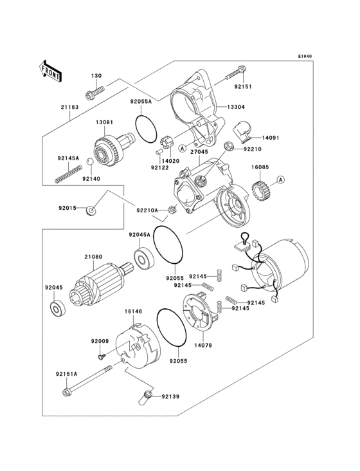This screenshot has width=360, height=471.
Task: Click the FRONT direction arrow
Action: pyautogui.click(x=50, y=70)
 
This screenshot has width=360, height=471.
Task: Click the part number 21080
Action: pyautogui.click(x=93, y=257)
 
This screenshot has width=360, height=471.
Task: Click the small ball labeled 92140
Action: pyautogui.click(x=90, y=170)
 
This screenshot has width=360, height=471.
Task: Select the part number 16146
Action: pyautogui.click(x=132, y=311)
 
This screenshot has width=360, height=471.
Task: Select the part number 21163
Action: pyautogui.click(x=69, y=107)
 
